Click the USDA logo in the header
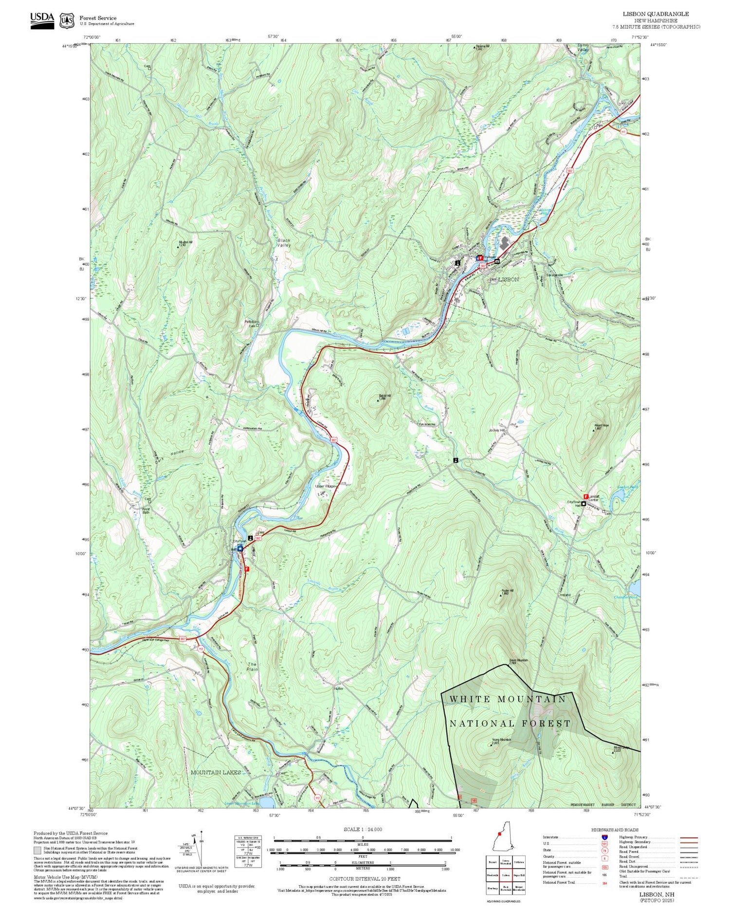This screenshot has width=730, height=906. (42, 20)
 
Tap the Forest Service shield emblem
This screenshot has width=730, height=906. (67, 21)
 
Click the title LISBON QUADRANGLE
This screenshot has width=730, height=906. (656, 14)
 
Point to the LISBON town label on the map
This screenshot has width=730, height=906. (508, 279)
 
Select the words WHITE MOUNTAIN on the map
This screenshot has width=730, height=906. (508, 699)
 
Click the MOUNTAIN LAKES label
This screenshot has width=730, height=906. (216, 772)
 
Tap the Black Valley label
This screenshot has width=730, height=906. (284, 243)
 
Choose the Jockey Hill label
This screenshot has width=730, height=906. (497, 430)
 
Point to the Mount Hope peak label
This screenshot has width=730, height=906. (602, 427)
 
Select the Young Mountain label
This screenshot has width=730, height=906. (501, 741)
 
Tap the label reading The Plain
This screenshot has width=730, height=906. (252, 667)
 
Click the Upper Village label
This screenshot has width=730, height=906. (326, 486)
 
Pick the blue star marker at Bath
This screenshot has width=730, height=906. (240, 548)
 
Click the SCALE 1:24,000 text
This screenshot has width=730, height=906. (363, 830)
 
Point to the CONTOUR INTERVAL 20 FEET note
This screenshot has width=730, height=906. (365, 879)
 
